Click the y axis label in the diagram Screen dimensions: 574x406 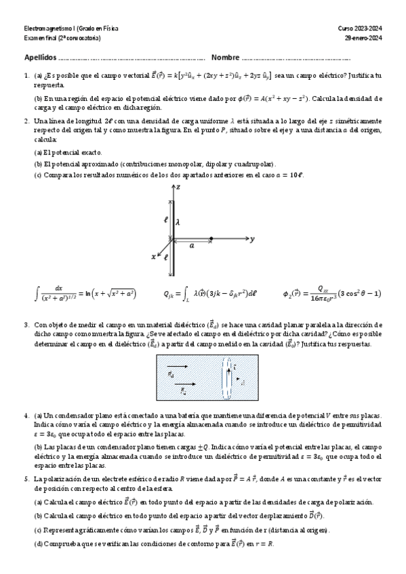click(x=252, y=240)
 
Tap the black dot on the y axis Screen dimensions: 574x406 click(x=211, y=239)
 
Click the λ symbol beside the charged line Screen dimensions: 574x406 click(x=178, y=221)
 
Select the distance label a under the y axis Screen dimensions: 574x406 click(x=192, y=246)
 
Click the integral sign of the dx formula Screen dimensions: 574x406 click(x=37, y=294)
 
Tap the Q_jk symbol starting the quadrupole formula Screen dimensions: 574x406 click(x=169, y=294)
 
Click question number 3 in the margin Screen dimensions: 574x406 click(x=26, y=325)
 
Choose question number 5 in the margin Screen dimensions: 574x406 click(x=26, y=479)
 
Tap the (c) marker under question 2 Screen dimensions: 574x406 click(x=38, y=175)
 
